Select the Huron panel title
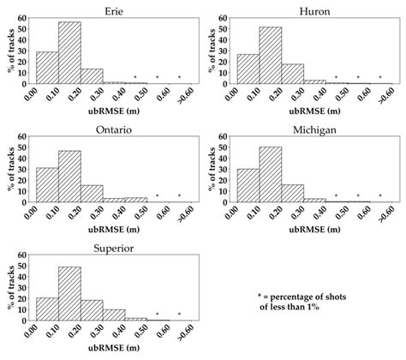tap(315, 10)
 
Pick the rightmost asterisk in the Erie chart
tap(179, 78)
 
